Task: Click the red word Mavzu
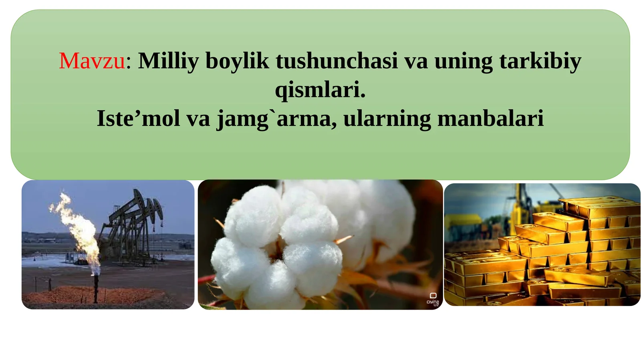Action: point(92,61)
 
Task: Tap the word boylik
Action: point(237,61)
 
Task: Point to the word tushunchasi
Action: point(337,61)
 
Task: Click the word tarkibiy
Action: point(540,61)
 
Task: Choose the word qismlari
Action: point(320,89)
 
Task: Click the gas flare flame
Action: point(78,228)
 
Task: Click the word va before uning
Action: point(416,61)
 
